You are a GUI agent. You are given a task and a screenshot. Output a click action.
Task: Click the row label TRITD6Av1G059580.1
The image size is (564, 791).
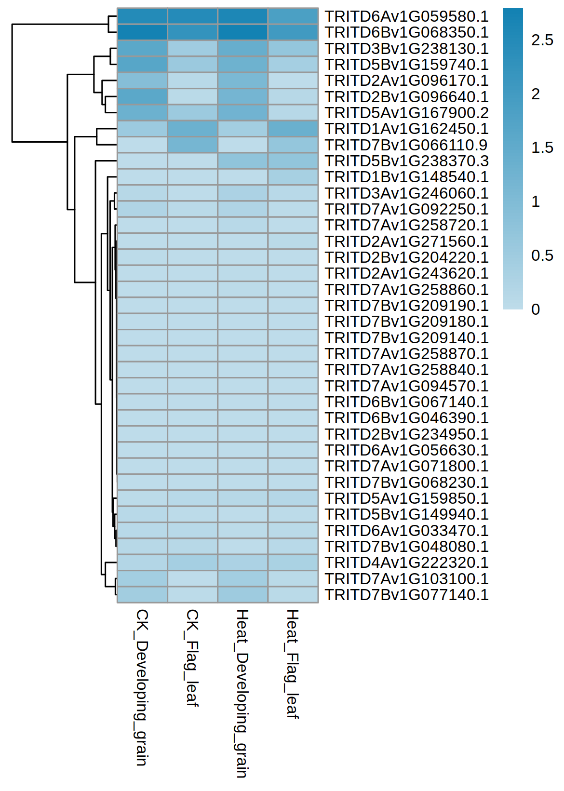406,16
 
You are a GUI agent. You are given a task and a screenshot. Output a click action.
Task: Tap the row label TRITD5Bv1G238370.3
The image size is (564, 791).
406,161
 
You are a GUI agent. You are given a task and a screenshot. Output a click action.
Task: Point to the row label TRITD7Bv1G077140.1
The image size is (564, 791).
406,595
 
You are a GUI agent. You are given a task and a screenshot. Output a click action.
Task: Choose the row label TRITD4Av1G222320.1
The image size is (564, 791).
406,563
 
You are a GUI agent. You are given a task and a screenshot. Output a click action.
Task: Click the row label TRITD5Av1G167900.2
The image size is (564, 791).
406,113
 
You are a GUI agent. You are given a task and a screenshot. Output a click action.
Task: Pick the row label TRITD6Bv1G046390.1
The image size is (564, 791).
406,418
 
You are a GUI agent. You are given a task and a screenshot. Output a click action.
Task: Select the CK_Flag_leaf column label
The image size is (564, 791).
192,657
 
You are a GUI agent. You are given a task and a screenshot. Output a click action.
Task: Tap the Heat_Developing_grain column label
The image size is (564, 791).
242,693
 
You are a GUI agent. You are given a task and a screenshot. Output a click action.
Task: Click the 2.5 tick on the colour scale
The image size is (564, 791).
542,40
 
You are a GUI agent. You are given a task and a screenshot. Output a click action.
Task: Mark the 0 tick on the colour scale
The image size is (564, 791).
536,309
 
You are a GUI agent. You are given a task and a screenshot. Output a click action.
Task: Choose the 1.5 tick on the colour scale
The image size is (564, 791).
542,148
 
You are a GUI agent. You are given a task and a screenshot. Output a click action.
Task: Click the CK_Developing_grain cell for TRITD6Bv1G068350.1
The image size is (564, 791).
142,32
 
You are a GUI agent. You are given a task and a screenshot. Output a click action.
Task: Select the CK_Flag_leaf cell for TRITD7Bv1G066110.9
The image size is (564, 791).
192,145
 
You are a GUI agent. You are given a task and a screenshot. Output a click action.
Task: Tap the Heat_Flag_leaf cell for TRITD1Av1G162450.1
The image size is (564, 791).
293,129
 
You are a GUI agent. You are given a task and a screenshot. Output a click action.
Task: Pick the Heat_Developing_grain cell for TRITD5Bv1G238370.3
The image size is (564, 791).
242,161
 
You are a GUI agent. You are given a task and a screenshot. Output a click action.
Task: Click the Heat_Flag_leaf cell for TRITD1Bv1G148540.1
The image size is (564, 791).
293,177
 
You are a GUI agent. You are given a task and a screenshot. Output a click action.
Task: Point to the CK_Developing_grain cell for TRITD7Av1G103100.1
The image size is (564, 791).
142,578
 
